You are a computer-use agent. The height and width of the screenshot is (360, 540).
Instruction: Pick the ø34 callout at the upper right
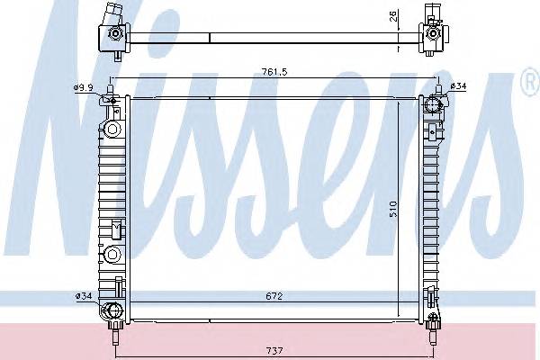point(456,87)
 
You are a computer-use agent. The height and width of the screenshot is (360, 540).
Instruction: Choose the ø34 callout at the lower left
point(83,295)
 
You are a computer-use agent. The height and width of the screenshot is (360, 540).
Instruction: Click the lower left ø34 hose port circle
point(112,312)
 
